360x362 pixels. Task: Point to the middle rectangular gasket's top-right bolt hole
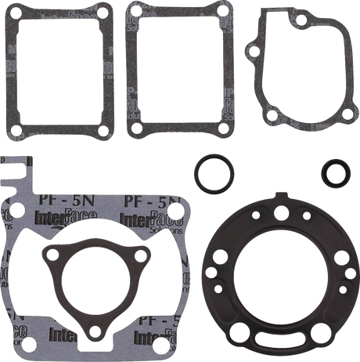(221, 13)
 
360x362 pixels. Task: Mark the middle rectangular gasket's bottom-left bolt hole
(138, 127)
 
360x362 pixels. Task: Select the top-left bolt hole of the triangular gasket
(53, 253)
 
